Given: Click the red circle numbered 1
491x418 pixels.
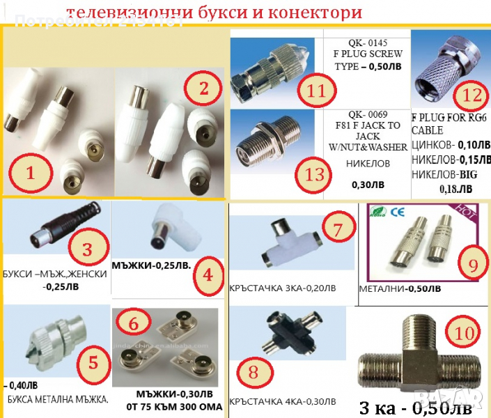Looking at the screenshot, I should pyautogui.click(x=30, y=172).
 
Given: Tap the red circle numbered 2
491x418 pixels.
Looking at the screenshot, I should pyautogui.click(x=203, y=88).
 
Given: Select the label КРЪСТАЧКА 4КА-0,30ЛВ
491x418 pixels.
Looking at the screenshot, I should pyautogui.click(x=281, y=402).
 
